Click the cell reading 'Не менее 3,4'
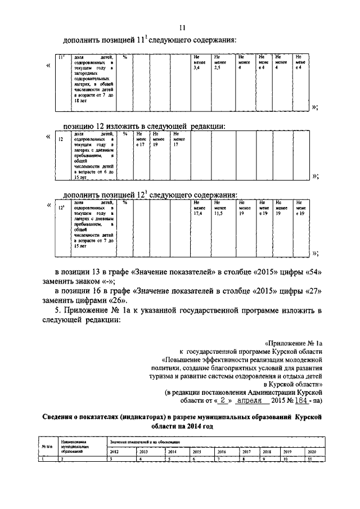(198, 62)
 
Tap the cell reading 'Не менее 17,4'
(198, 208)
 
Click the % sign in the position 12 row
(125, 134)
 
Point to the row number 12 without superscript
(60, 139)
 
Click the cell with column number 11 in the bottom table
(309, 460)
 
